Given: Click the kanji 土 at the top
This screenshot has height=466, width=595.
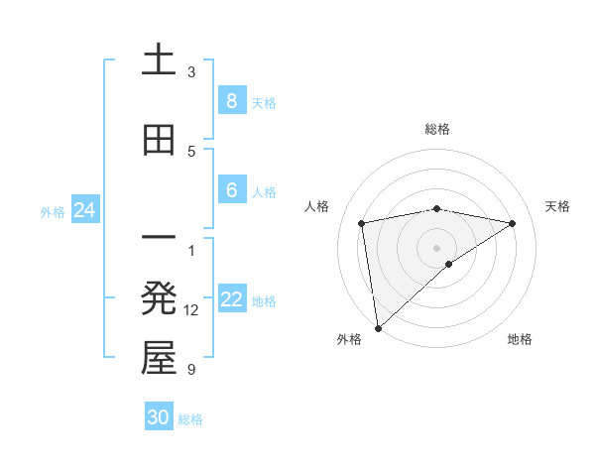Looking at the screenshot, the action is [159, 59].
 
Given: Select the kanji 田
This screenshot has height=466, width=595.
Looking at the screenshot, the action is [159, 140].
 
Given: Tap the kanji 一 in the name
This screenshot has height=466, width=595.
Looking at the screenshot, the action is [159, 239].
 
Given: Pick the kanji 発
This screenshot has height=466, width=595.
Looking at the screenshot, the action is [159, 298].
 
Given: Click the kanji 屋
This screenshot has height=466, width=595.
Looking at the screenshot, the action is [159, 358].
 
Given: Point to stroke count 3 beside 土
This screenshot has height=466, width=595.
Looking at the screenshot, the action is [191, 72].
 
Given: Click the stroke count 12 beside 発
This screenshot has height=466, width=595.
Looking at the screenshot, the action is [191, 310].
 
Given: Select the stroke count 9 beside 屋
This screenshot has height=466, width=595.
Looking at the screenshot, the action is [191, 370].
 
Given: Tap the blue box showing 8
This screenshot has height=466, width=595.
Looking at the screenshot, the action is [231, 100].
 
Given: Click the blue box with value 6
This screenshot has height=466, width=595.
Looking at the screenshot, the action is [231, 190].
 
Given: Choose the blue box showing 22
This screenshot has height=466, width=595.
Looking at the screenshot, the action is [231, 299].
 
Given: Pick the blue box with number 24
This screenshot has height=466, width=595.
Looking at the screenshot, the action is [84, 210].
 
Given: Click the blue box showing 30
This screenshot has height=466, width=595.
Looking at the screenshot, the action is [159, 417].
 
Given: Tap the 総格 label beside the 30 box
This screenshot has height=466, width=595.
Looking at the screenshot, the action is [190, 419].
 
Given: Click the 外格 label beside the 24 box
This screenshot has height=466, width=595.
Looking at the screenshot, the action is [53, 211].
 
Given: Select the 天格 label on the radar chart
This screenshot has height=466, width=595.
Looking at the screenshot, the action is [557, 206].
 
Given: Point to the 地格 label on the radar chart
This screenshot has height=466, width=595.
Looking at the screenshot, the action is [520, 339].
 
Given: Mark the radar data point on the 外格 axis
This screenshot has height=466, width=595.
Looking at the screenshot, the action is [377, 327].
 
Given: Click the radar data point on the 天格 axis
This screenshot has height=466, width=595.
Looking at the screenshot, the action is [513, 223].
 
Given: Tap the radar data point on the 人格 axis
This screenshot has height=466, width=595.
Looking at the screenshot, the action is [362, 223].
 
